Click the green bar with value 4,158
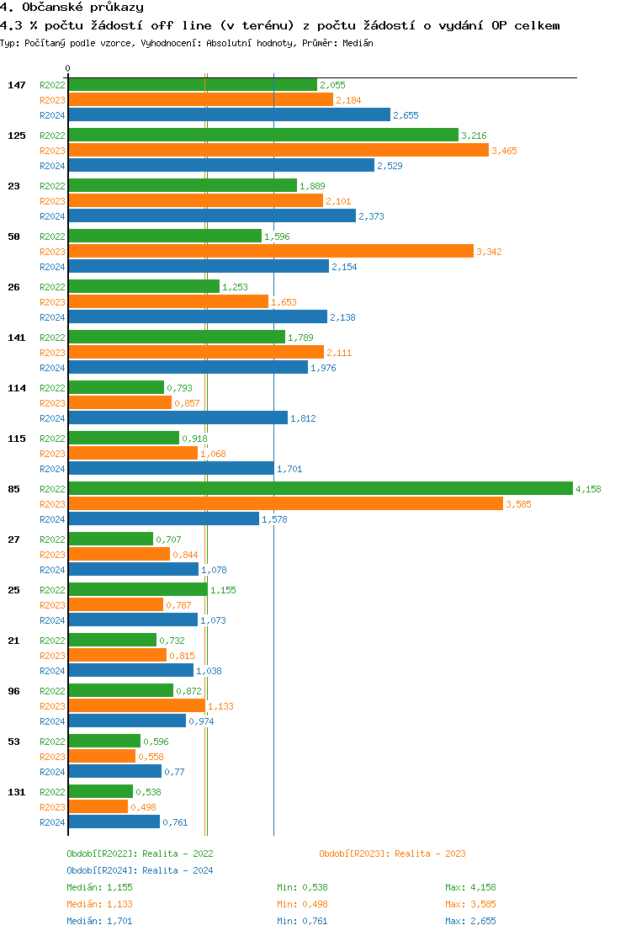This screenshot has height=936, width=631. pyautogui.click(x=320, y=489)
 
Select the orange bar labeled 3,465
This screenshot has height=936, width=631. pyautogui.click(x=278, y=150)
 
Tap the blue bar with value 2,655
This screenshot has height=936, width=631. pyautogui.click(x=229, y=115)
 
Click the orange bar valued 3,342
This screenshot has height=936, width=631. pyautogui.click(x=270, y=251)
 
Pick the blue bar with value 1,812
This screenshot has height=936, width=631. pyautogui.click(x=178, y=418)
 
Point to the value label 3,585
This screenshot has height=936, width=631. pyautogui.click(x=518, y=504)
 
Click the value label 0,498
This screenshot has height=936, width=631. pyautogui.click(x=143, y=807)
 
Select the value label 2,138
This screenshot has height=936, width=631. pyautogui.click(x=342, y=317)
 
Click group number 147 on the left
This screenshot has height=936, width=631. pyautogui.click(x=17, y=85)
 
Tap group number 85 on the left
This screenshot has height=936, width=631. pyautogui.click(x=13, y=489)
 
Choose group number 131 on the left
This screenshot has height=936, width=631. pyautogui.click(x=17, y=792)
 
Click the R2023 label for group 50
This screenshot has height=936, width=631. pyautogui.click(x=52, y=252)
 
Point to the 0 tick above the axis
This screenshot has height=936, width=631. pyautogui.click(x=68, y=68)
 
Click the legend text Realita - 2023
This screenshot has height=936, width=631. pyautogui.click(x=430, y=854)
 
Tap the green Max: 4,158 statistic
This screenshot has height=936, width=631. pyautogui.click(x=470, y=887)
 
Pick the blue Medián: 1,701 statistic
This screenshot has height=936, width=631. pyautogui.click(x=99, y=921)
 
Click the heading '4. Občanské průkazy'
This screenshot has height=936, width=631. pyautogui.click(x=72, y=8)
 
